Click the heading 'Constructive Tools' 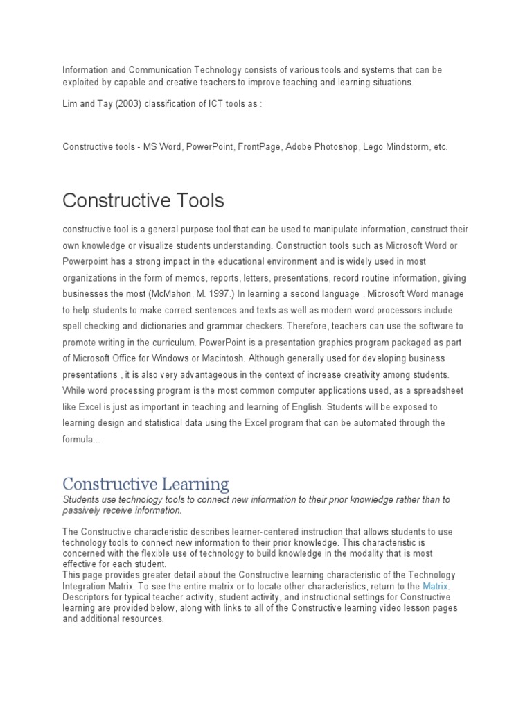[x=143, y=200]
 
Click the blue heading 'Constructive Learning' [x=145, y=483]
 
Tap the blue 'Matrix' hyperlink [x=436, y=586]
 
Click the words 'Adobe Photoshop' [x=321, y=147]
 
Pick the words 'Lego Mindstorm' [x=398, y=147]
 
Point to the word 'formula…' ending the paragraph [x=82, y=439]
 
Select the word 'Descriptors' [x=86, y=597]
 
